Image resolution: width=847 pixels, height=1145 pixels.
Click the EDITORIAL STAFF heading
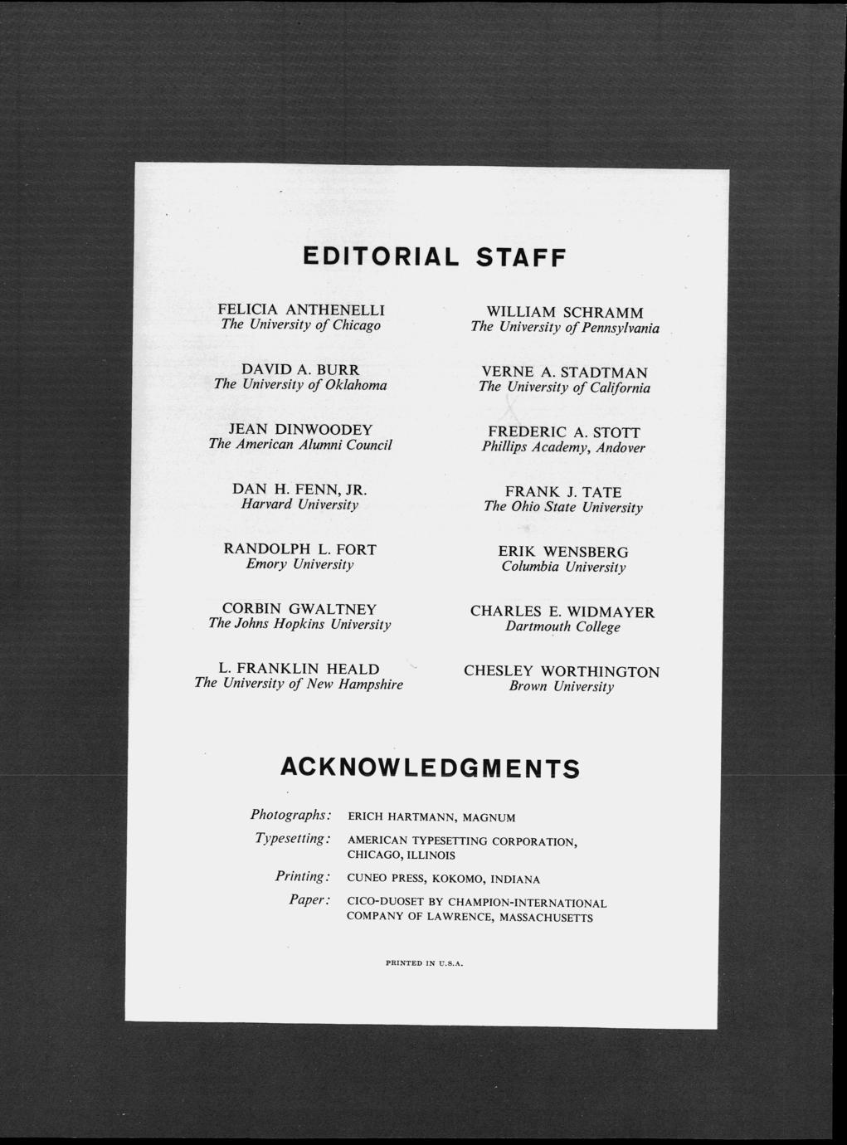click(434, 257)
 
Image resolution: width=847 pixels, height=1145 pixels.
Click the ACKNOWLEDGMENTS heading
click(430, 767)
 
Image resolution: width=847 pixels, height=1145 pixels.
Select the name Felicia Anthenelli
click(301, 309)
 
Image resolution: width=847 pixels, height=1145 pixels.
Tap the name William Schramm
click(565, 312)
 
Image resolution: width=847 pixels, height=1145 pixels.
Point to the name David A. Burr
click(300, 369)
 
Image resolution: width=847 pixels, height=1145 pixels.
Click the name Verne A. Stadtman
click(565, 373)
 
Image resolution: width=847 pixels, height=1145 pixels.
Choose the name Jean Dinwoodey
click(300, 430)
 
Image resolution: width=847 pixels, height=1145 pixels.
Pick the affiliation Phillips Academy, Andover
click(563, 448)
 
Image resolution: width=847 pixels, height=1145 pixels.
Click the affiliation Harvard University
click(300, 504)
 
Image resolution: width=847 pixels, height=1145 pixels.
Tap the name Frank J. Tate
click(563, 492)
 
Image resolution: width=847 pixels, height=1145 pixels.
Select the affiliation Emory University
click(300, 564)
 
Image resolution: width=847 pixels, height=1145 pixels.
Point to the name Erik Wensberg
click(563, 552)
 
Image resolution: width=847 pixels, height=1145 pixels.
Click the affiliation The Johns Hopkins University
click(299, 624)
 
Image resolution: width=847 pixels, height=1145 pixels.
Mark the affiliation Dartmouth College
click(563, 627)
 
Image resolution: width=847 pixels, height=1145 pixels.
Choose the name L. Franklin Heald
click(299, 669)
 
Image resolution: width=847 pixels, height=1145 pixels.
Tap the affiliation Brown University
click(562, 687)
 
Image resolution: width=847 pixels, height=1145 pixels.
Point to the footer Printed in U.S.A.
click(424, 964)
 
